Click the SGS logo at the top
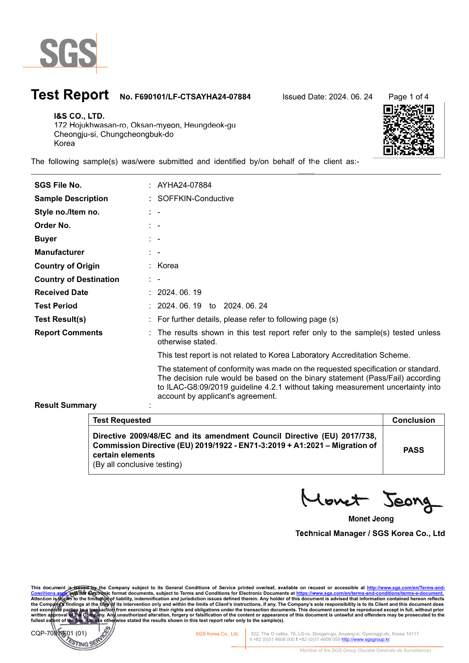68,53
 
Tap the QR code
408,130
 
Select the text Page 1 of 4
408,97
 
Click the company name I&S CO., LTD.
79,116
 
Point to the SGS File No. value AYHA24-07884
184,185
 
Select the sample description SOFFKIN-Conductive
195,198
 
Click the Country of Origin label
67,266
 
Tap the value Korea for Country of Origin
168,266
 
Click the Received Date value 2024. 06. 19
179,292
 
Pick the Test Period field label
56,306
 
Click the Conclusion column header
413,420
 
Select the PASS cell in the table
413,450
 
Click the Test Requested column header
122,420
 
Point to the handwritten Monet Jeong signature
370,500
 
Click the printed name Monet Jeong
371,519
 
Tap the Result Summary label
65,405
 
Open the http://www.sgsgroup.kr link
365,639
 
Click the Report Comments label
69,332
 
